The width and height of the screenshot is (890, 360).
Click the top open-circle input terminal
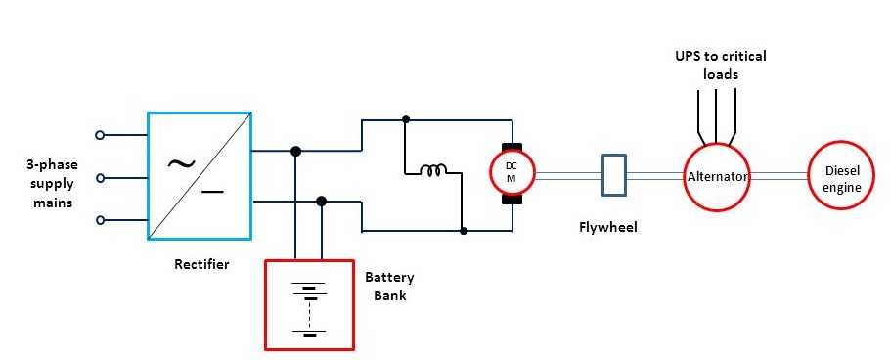pos(99,135)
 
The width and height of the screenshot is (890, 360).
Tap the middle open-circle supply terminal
pos(99,178)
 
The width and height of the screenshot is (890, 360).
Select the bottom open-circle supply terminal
pos(99,220)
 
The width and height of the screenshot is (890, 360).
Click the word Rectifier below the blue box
pos(201,264)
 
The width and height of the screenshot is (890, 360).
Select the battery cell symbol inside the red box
pos(309,309)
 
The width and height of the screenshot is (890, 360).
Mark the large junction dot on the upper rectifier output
pos(295,151)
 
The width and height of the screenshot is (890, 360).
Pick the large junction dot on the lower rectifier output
pos(321,201)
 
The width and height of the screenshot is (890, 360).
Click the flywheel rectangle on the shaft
pos(613,175)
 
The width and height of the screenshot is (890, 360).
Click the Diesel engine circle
pos(839,176)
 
